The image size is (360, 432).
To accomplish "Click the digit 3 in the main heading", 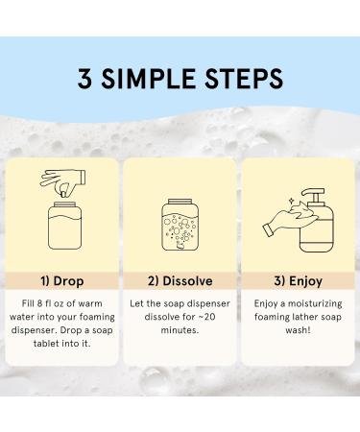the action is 85,78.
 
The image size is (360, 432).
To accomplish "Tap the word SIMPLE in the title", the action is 148,79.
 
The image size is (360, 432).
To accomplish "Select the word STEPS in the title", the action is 244,79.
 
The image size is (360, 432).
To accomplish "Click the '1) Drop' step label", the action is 62,281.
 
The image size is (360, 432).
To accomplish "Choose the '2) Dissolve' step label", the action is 180,281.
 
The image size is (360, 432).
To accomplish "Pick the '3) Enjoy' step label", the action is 299,281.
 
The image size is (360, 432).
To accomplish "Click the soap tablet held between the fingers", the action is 64,193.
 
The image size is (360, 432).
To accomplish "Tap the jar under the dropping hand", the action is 64,226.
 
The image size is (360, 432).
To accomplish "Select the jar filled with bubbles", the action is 180,225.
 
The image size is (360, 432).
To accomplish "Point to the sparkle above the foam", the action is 291,201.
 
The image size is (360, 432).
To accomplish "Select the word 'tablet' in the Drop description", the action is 45,344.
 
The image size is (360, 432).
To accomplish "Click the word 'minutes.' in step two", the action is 180,330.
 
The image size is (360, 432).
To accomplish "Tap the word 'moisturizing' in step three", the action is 315,304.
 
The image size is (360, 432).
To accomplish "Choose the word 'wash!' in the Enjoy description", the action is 298,330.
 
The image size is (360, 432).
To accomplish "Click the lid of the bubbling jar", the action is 180,202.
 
